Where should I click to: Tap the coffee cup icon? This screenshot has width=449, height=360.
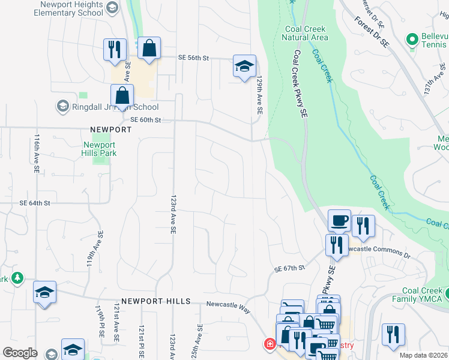(x=339, y=220)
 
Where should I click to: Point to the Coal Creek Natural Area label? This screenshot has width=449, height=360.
(x=305, y=32)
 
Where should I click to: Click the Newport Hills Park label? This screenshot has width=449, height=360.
(x=99, y=149)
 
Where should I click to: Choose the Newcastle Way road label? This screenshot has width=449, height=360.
(x=228, y=305)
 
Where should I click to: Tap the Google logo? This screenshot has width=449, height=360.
(x=20, y=352)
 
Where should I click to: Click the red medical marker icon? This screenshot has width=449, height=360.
(x=270, y=344)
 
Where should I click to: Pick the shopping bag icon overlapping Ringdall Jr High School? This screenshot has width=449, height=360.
(x=122, y=95)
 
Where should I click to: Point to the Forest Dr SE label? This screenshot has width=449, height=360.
(x=372, y=32)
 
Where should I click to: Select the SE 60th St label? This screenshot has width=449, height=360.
(x=146, y=120)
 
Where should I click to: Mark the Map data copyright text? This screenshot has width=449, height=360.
(x=423, y=355)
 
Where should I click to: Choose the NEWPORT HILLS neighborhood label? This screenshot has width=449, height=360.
(x=155, y=301)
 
